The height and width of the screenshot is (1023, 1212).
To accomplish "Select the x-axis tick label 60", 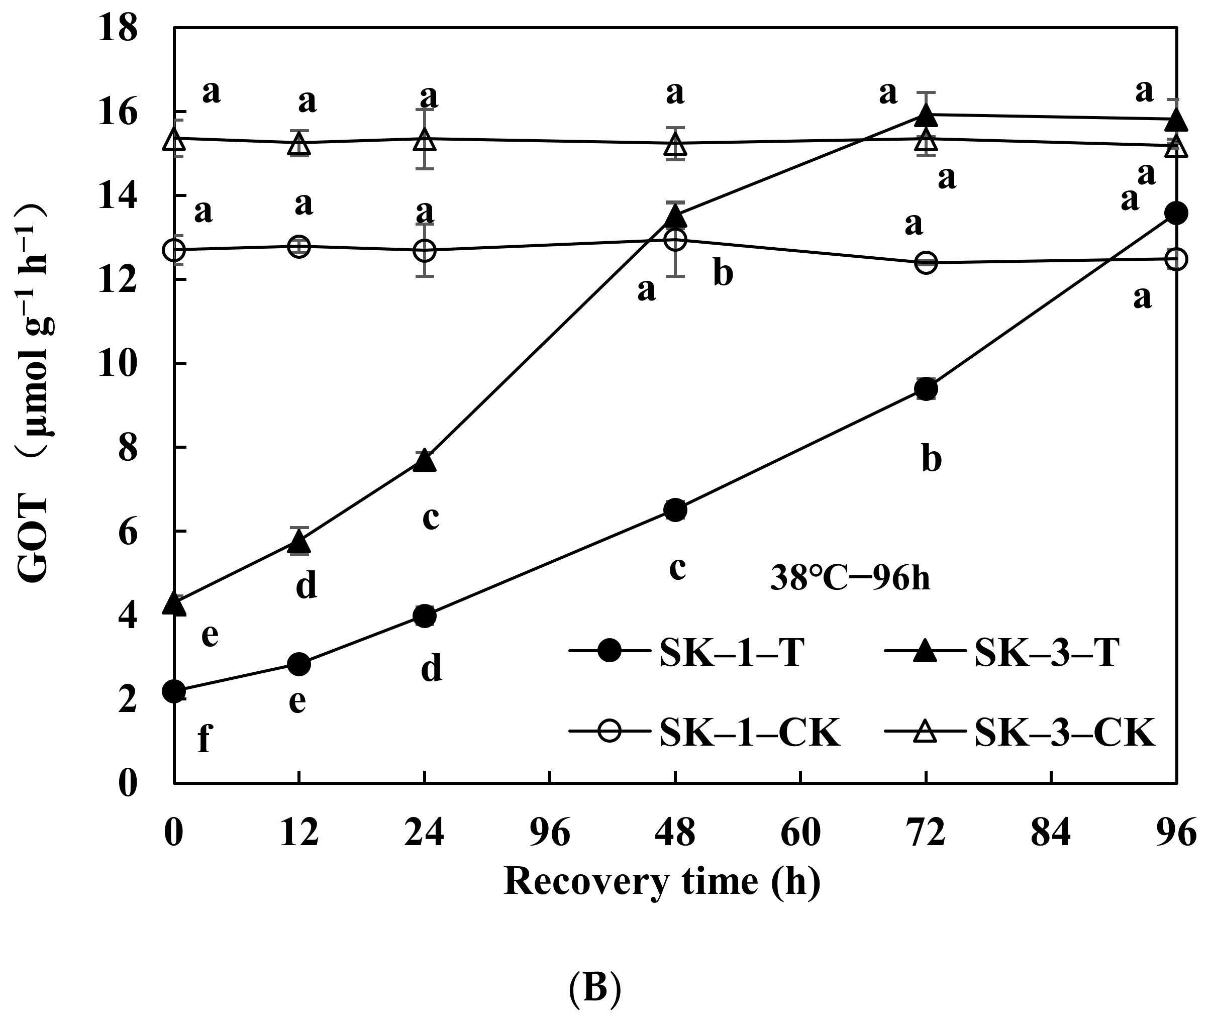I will click(800, 834).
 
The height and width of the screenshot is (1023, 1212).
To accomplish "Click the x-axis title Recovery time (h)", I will click(662, 883).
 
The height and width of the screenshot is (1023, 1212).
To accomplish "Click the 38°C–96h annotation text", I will click(850, 579).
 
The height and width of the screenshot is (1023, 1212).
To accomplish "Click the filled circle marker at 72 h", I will click(926, 389).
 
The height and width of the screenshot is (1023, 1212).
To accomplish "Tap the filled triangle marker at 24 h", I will click(425, 460).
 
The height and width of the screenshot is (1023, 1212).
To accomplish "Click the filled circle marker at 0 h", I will click(174, 691).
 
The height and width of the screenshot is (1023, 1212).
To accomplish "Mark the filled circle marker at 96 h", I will click(1176, 213).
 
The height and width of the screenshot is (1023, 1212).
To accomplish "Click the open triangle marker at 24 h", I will click(425, 140).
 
